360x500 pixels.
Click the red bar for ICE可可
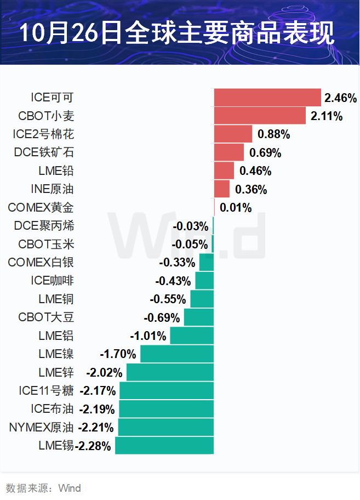(267, 98)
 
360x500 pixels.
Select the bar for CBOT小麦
(260, 116)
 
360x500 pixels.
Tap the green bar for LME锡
(164, 446)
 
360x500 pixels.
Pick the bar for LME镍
(176, 354)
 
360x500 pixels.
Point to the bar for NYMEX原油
(165, 428)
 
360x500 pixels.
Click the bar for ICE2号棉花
(233, 134)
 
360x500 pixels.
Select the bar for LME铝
(192, 336)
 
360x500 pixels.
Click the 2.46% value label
(340, 98)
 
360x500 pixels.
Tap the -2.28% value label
(94, 446)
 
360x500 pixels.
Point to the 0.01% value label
(236, 208)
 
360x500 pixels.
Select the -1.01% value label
(148, 336)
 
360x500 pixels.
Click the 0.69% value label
(265, 152)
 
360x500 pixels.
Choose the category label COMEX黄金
(41, 207)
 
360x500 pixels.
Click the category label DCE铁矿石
(44, 152)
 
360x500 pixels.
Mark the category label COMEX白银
(41, 263)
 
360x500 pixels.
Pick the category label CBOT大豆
(45, 317)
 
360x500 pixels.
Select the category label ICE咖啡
(52, 281)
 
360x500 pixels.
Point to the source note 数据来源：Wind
(43, 488)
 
